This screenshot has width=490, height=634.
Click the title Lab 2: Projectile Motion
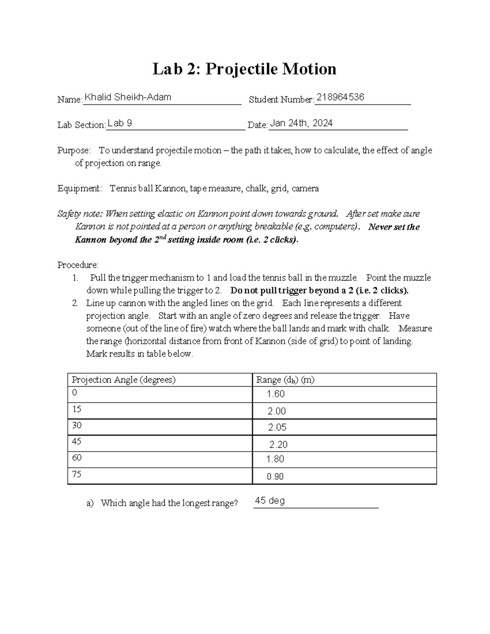tap(244, 69)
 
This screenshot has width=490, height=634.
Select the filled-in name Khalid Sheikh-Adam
tap(127, 97)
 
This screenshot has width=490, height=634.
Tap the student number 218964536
tap(340, 97)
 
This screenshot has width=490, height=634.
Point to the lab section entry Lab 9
tap(120, 123)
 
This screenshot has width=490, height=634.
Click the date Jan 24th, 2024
tap(301, 123)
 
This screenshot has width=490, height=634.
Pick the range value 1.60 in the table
tap(276, 394)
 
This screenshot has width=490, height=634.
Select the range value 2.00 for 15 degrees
tap(276, 411)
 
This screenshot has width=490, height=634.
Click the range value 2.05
tap(277, 427)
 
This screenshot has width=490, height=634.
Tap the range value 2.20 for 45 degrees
tap(278, 445)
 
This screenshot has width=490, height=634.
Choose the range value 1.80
tap(275, 459)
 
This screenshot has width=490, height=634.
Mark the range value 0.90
tap(275, 476)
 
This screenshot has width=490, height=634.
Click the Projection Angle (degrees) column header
tap(124, 380)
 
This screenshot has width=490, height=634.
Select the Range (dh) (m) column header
tap(285, 380)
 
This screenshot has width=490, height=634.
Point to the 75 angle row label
tap(76, 474)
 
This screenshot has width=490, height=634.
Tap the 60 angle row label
tap(76, 458)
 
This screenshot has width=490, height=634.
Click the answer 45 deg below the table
tap(269, 501)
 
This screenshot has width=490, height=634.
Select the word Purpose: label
tap(73, 150)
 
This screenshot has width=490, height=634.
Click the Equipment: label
tap(79, 188)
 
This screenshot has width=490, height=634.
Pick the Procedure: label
tap(78, 265)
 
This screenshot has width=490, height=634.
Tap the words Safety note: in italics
tap(80, 214)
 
